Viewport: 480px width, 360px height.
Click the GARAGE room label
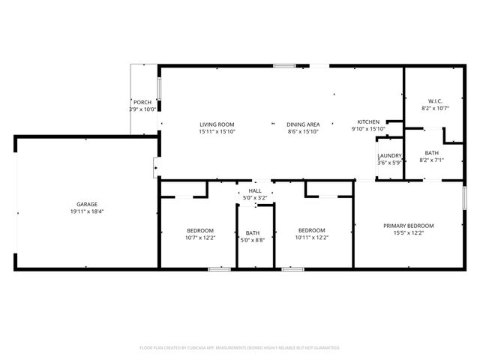point(86,204)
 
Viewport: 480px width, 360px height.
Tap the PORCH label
point(142,102)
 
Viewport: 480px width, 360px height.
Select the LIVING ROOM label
point(217,124)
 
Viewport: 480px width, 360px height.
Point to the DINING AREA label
point(303,124)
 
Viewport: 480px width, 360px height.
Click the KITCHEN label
point(368,121)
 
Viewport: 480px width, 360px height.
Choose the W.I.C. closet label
point(435,101)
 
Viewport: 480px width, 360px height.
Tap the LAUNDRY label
point(389,155)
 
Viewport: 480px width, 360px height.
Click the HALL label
point(255,191)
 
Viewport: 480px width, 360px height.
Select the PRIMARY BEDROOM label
point(409,226)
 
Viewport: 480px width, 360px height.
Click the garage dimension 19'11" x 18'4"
point(86,211)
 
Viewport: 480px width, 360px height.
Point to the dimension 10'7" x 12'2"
point(200,237)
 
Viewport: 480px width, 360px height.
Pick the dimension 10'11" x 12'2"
point(311,237)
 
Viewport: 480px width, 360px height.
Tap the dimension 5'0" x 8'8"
point(252,240)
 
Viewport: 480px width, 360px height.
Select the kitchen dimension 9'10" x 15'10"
point(368,129)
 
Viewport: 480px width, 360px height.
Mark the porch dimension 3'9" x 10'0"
point(142,109)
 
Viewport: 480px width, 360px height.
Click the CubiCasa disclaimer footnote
point(240,348)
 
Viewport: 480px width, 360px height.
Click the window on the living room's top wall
point(283,67)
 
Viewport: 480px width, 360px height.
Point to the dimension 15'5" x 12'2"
point(409,233)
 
